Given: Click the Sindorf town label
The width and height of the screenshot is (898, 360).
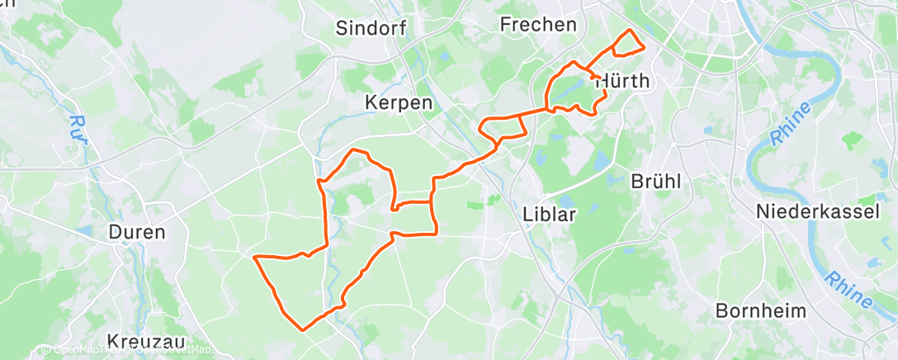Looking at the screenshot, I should point(371,28).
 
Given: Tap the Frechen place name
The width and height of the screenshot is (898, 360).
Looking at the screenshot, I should point(538,25).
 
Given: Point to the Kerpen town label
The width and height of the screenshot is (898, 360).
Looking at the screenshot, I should point(399,103).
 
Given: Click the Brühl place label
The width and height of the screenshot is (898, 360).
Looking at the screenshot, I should point(655,182).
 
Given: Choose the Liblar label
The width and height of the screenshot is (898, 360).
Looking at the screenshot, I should point(548,214).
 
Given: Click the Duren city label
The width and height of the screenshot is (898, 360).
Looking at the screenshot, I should point(137,232).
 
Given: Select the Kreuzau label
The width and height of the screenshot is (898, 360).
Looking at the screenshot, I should point(145,341).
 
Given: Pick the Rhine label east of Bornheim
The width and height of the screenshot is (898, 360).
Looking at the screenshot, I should point(848,291).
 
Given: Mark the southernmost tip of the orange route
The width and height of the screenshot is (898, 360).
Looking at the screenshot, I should point(304,329).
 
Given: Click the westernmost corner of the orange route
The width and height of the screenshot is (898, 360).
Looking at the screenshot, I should point(253,258).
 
